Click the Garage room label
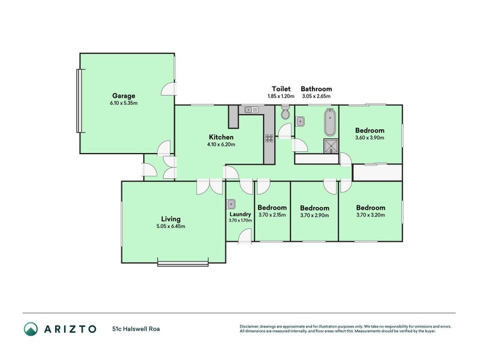click(x=123, y=95)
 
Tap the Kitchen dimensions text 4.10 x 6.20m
click(x=221, y=145)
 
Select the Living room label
click(x=170, y=219)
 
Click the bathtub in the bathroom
click(x=329, y=123)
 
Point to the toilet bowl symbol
click(x=286, y=113)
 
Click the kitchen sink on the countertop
click(x=251, y=109)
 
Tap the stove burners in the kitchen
click(x=269, y=138)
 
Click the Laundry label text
click(x=240, y=214)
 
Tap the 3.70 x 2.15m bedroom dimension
click(x=273, y=215)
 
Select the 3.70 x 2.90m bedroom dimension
click(x=315, y=215)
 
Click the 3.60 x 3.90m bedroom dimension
click(x=370, y=137)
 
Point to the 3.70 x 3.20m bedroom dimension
click(x=370, y=215)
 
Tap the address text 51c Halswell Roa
click(x=135, y=329)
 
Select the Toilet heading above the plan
click(x=281, y=89)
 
